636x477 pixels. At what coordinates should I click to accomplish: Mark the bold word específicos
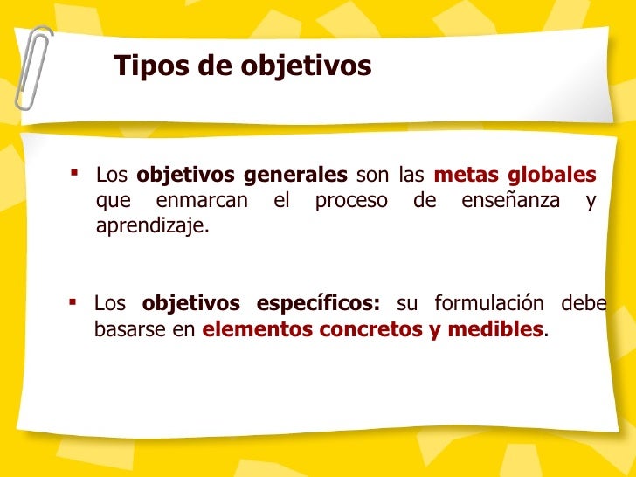[x=319, y=304]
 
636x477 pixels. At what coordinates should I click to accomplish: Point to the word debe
[x=585, y=304]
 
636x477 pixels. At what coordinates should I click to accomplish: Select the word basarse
[x=127, y=330]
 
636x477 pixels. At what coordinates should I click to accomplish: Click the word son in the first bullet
[x=372, y=175]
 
